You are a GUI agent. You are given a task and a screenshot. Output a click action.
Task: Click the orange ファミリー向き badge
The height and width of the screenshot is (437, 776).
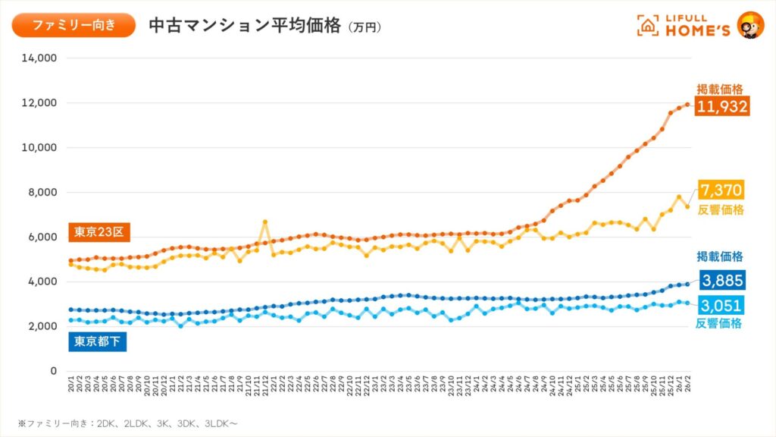[x=74, y=25]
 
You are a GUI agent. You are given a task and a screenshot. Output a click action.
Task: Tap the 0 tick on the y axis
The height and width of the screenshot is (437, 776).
[x=53, y=371]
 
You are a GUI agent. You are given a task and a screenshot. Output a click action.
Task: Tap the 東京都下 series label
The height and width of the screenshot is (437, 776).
[x=98, y=342]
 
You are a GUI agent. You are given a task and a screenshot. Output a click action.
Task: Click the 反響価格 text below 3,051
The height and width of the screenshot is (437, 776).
[x=718, y=324]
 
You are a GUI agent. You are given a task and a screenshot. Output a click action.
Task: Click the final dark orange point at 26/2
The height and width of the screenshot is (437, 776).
[x=688, y=105]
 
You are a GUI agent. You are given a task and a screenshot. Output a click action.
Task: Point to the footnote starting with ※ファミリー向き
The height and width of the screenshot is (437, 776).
[x=129, y=422]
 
